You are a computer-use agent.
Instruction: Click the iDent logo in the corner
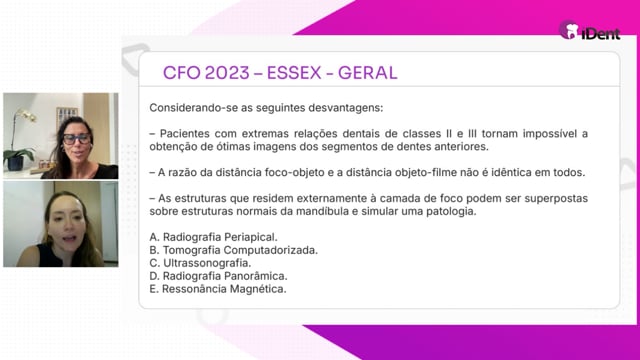click(x=590, y=31)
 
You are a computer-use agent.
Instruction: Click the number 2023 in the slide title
click(x=227, y=73)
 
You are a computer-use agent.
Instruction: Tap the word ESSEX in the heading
click(x=294, y=73)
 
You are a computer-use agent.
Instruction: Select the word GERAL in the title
click(x=367, y=73)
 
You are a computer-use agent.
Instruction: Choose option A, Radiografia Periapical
click(x=213, y=237)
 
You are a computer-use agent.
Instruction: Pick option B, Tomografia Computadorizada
click(x=233, y=250)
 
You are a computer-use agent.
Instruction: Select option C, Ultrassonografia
click(x=200, y=263)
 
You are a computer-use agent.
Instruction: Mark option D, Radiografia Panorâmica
click(x=218, y=276)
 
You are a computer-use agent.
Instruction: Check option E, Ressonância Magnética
click(x=218, y=289)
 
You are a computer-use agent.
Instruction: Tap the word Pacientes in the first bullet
click(x=184, y=133)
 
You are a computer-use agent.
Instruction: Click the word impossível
click(x=549, y=133)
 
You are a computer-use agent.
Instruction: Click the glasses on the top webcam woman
click(x=77, y=139)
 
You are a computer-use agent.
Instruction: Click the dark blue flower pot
click(x=15, y=163)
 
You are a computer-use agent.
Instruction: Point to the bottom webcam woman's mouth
click(x=69, y=239)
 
